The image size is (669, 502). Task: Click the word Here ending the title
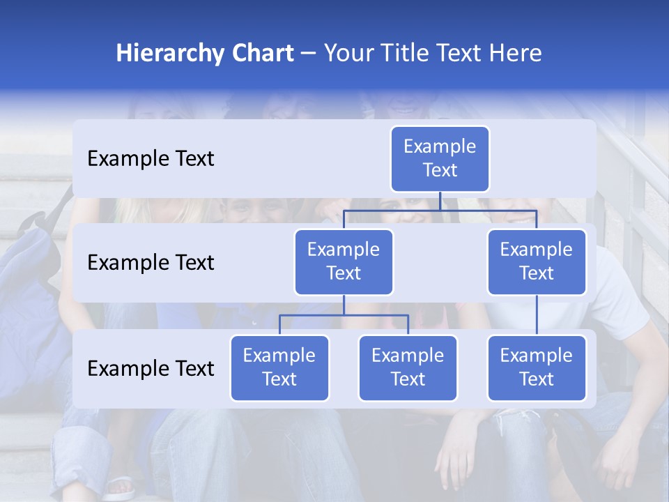click(x=514, y=54)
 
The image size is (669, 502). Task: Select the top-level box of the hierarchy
click(x=440, y=159)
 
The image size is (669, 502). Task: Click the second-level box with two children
click(x=344, y=262)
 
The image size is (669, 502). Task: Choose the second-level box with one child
click(x=537, y=262)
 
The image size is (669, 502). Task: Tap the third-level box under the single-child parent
click(x=537, y=368)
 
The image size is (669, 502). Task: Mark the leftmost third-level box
click(x=279, y=368)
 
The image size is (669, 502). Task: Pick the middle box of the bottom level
click(x=408, y=368)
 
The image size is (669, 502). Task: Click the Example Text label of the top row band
click(x=151, y=159)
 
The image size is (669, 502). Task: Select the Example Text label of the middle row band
click(x=151, y=263)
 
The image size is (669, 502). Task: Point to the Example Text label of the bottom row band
click(x=151, y=369)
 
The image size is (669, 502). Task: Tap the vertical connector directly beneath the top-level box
click(x=440, y=201)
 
